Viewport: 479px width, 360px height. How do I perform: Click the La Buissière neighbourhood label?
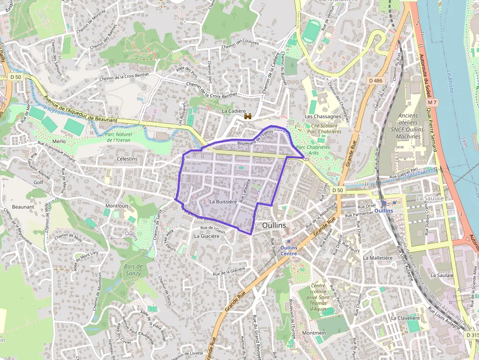(x=223, y=201)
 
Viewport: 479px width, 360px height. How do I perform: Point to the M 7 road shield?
(x=432, y=103)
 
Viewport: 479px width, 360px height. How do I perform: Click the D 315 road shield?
(x=472, y=335)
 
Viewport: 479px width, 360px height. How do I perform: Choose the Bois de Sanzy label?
(x=133, y=270)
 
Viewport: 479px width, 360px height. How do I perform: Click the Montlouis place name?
(x=117, y=206)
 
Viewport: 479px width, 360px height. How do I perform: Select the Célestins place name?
(x=127, y=159)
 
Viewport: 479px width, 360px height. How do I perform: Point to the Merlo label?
(x=59, y=141)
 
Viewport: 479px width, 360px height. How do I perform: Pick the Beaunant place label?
(x=23, y=207)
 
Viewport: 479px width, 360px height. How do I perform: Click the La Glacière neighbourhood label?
(x=207, y=236)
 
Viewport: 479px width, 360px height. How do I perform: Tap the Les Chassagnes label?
(x=323, y=117)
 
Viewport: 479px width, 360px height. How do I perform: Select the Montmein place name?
(x=314, y=333)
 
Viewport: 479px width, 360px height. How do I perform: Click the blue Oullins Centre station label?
(x=289, y=250)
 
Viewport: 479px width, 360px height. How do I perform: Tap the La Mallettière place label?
(x=378, y=258)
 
